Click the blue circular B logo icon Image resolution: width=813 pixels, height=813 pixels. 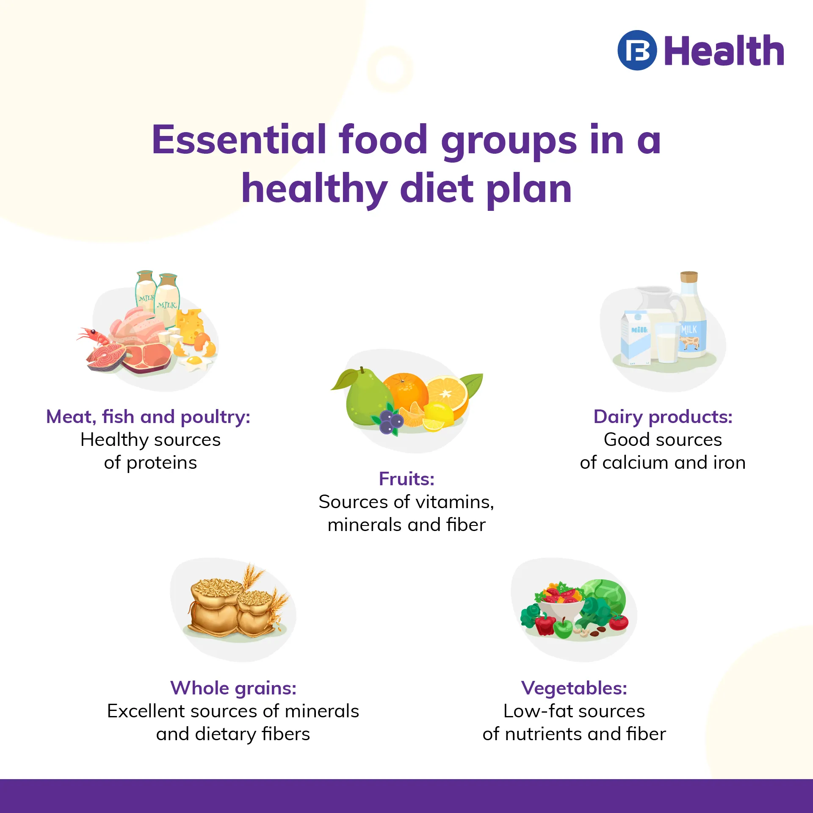pos(637,50)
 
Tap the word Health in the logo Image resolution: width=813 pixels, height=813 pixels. pos(724,51)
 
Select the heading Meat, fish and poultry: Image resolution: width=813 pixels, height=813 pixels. pos(148,417)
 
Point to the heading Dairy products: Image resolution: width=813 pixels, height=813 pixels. pos(663,417)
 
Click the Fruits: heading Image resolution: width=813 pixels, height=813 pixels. pos(406,479)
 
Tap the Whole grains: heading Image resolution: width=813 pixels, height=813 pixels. pos(233,688)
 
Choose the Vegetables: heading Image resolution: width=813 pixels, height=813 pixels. pos(574,688)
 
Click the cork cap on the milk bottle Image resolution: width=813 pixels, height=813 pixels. pos(689,277)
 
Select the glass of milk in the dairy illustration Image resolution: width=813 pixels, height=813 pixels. pos(667,343)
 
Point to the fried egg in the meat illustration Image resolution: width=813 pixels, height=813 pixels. pos(194,362)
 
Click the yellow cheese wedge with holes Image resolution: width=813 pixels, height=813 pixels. pos(190,324)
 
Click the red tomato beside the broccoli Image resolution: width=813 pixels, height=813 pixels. pos(619,622)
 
